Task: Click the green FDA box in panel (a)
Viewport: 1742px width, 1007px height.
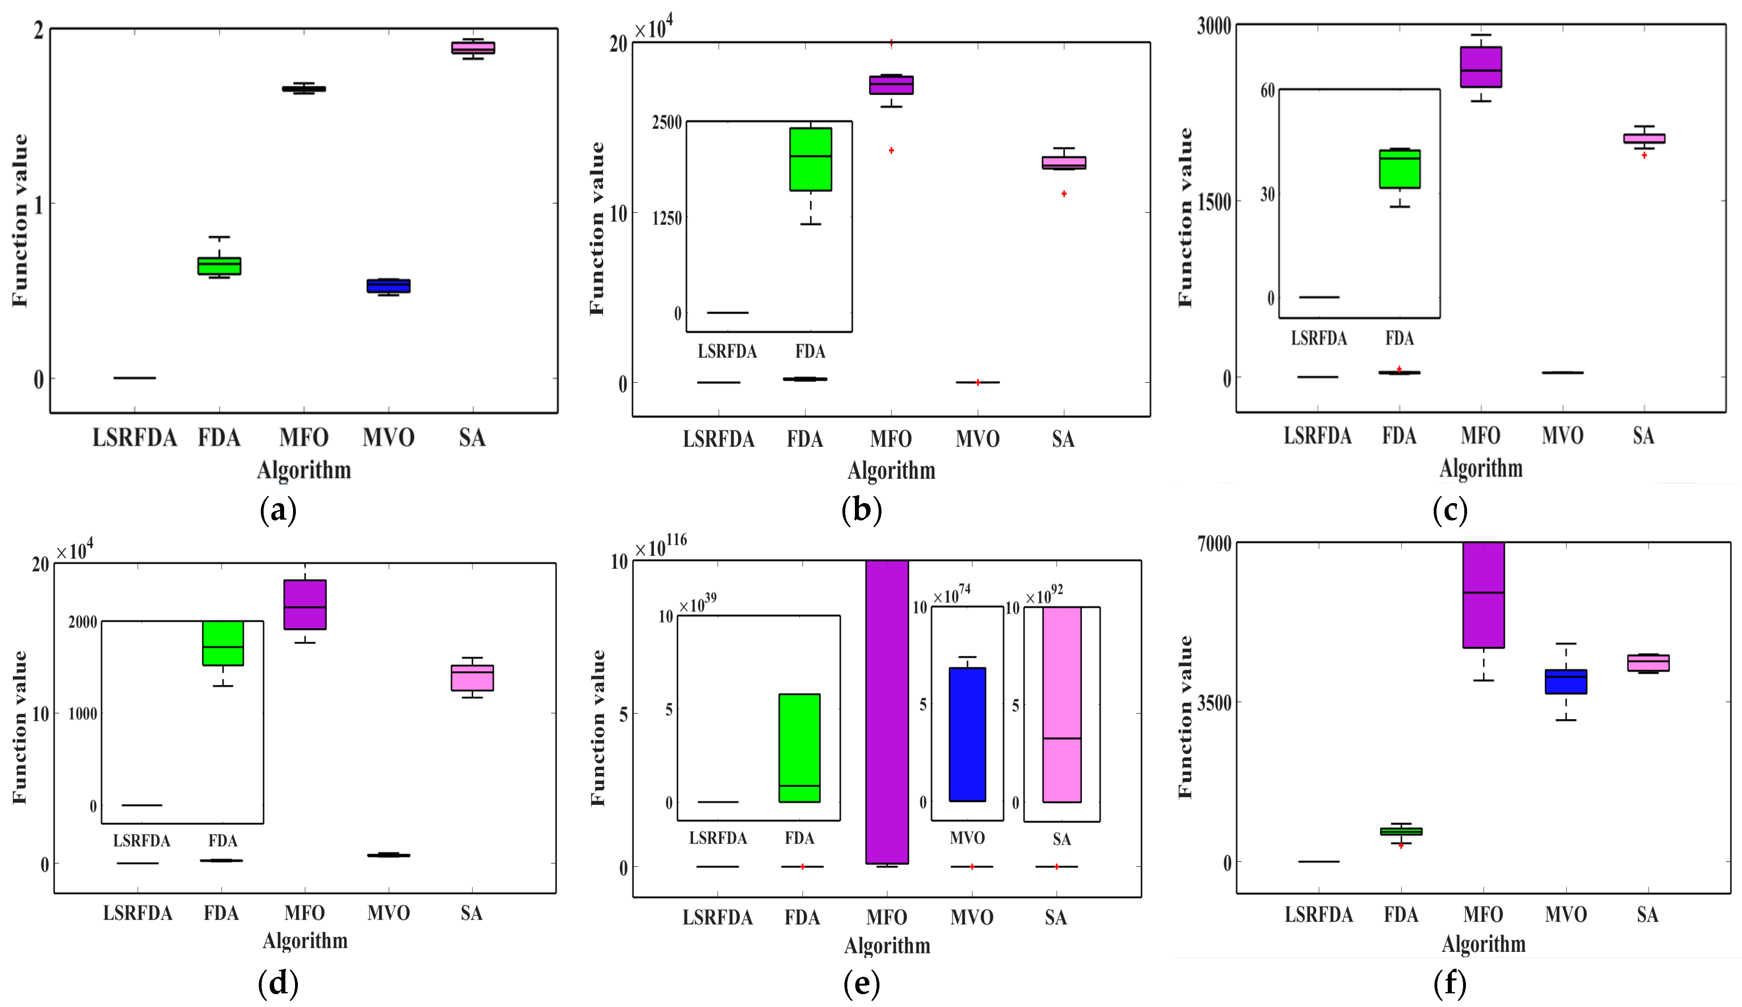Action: (x=219, y=266)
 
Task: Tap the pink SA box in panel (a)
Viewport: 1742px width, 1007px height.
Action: (x=473, y=47)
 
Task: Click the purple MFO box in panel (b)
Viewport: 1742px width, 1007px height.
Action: (x=891, y=85)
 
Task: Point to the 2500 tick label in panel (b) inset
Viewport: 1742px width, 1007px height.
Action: (x=667, y=122)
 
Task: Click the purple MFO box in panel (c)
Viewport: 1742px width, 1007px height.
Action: (x=1481, y=67)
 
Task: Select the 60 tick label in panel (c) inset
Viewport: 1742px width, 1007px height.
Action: (x=1267, y=91)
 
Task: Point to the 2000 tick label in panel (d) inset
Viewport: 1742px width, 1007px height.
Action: (x=82, y=622)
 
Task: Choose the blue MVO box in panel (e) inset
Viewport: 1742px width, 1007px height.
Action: (x=967, y=734)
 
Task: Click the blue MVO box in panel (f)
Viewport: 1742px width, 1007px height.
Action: (x=1566, y=681)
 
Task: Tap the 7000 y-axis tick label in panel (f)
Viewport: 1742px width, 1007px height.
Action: (x=1215, y=544)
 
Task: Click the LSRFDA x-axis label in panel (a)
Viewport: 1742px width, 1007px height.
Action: (x=135, y=437)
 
